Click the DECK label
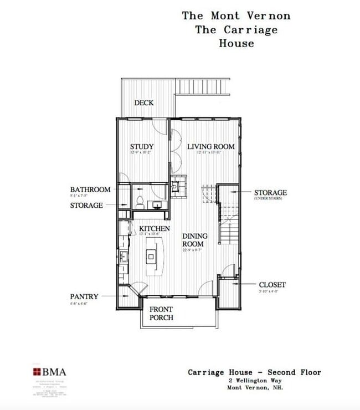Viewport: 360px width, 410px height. (144, 103)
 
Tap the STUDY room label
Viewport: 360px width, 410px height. (142, 147)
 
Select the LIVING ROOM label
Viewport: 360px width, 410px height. (210, 147)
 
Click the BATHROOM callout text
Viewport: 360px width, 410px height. (90, 189)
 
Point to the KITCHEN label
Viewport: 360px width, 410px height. (154, 229)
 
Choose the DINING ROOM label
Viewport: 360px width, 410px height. (195, 240)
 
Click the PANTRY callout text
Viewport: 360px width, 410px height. (84, 297)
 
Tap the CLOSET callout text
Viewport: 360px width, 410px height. (272, 285)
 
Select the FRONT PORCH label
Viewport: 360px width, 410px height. (161, 314)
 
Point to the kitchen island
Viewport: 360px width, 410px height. (152, 257)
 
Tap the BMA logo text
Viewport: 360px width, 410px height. (54, 372)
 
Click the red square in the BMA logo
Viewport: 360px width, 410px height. (37, 372)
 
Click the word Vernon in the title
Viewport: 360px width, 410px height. (267, 16)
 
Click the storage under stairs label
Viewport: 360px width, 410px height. (270, 193)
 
